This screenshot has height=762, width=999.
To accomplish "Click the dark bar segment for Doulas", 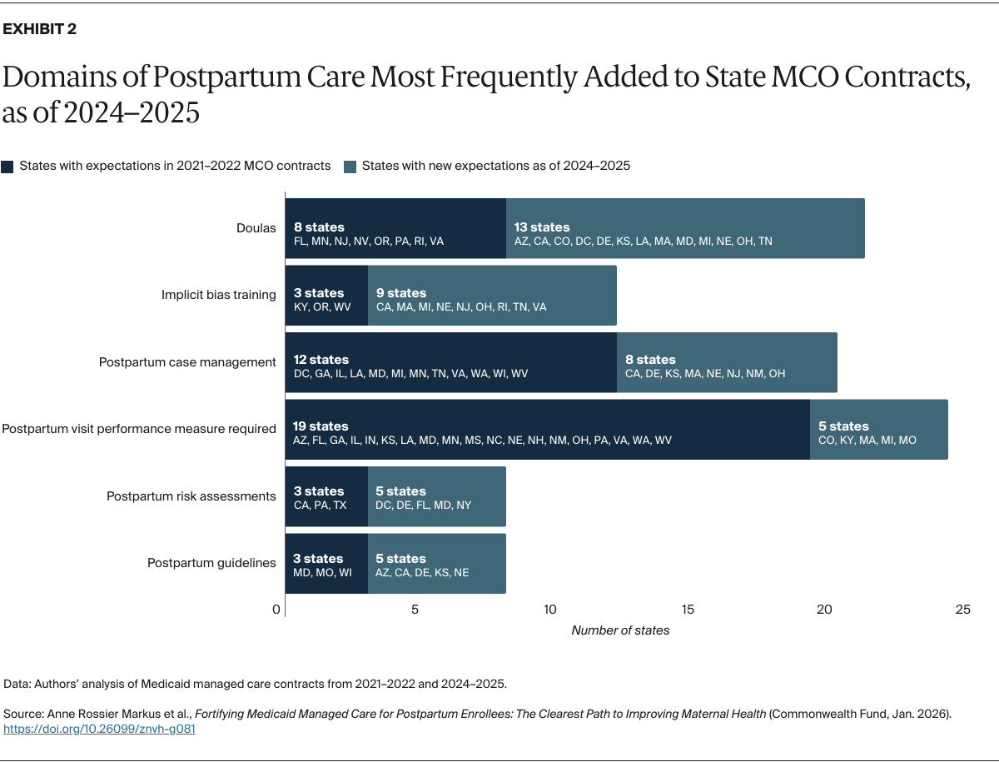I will (x=395, y=228).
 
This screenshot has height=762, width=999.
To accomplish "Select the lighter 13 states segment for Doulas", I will (x=685, y=228).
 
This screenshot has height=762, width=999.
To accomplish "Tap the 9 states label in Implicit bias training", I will (x=400, y=293).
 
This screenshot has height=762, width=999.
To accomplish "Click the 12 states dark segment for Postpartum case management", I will (x=450, y=362).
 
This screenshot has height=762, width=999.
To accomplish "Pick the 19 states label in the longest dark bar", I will (x=321, y=426).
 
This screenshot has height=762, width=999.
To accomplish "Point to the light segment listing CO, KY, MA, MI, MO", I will (x=878, y=430).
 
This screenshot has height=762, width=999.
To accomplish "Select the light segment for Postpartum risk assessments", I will (x=436, y=496).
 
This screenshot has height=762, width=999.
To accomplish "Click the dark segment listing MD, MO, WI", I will (x=326, y=564).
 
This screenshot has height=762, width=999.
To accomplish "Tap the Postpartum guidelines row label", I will (x=211, y=563).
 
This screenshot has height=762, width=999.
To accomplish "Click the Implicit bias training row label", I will (x=218, y=295).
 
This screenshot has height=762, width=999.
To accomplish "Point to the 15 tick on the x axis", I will (x=688, y=610).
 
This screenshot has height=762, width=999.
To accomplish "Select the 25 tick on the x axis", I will (x=962, y=610).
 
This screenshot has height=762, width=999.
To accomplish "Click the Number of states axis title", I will (x=620, y=630).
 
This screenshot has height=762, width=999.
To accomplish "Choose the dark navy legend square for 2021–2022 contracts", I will (x=7, y=166).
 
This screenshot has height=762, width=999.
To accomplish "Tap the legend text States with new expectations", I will (x=495, y=166).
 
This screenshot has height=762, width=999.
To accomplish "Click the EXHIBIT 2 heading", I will (x=40, y=29).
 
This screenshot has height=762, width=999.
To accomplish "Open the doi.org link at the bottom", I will (x=99, y=729).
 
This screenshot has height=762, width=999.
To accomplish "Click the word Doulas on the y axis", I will (x=256, y=228).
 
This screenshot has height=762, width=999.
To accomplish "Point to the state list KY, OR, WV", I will (x=323, y=307).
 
